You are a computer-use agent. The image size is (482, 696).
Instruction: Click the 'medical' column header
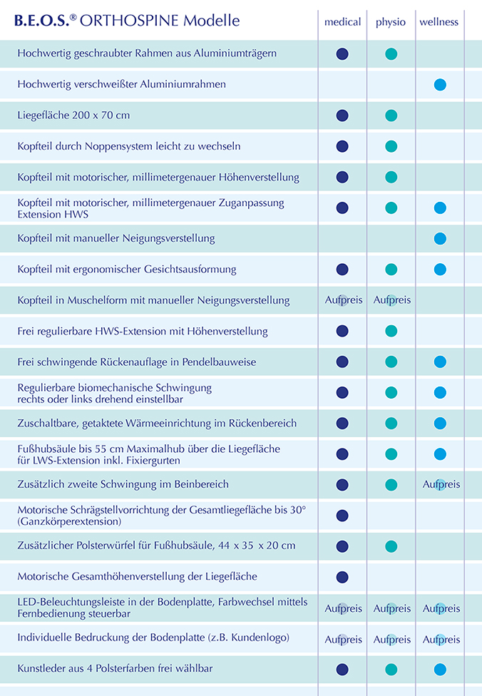[343, 21]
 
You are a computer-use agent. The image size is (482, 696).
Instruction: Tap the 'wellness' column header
[439, 21]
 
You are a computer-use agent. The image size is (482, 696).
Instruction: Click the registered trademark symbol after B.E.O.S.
[73, 17]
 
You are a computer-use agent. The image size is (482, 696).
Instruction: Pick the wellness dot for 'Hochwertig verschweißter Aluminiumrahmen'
[440, 85]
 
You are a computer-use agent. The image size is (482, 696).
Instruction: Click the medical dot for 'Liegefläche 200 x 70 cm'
[342, 116]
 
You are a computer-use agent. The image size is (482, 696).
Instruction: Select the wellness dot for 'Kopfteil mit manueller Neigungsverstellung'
[440, 238]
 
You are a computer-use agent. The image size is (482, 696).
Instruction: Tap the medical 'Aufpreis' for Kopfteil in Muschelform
[344, 300]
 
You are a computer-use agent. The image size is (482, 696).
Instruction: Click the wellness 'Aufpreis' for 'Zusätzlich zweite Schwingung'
[441, 484]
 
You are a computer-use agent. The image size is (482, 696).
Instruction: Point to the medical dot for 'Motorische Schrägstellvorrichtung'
[342, 516]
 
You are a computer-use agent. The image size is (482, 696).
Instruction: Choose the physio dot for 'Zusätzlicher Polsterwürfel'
[391, 546]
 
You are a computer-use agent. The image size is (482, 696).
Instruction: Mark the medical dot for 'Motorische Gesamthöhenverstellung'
[342, 577]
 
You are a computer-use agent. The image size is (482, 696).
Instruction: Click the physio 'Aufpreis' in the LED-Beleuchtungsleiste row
[392, 608]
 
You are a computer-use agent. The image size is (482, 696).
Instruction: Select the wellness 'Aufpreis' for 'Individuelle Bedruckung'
[441, 640]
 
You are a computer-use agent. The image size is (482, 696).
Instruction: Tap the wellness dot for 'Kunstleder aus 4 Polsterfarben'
[440, 670]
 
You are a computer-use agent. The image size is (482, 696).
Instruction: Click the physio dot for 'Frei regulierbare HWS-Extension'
[391, 331]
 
